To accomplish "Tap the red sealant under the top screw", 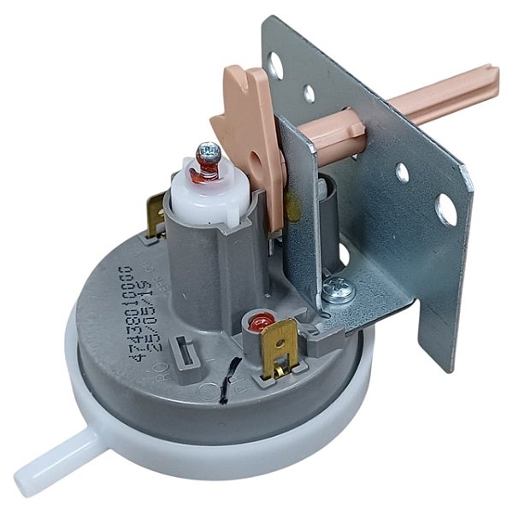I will pyautogui.click(x=206, y=174).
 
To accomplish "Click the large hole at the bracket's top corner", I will pyautogui.click(x=276, y=62).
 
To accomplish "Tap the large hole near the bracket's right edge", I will pyautogui.click(x=445, y=209).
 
